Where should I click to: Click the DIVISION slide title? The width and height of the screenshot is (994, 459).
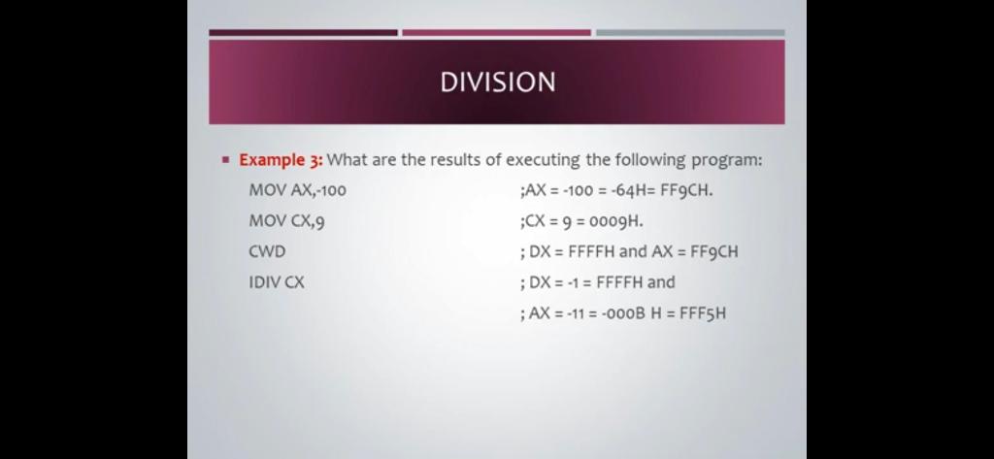[498, 82]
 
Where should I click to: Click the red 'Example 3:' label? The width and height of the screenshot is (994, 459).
[281, 160]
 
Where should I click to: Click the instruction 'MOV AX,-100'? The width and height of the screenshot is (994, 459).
[298, 189]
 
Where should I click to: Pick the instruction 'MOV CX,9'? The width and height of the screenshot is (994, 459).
[287, 220]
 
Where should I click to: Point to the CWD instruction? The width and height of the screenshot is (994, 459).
[268, 251]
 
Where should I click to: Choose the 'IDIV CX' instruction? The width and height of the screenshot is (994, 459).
[277, 282]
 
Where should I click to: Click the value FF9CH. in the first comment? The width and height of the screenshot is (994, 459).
[687, 189]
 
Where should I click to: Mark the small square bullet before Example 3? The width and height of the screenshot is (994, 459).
[225, 160]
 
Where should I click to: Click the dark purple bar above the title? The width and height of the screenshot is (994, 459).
[304, 32]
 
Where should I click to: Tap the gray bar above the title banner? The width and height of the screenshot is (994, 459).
[690, 32]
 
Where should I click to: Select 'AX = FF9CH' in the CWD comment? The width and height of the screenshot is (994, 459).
[695, 251]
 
